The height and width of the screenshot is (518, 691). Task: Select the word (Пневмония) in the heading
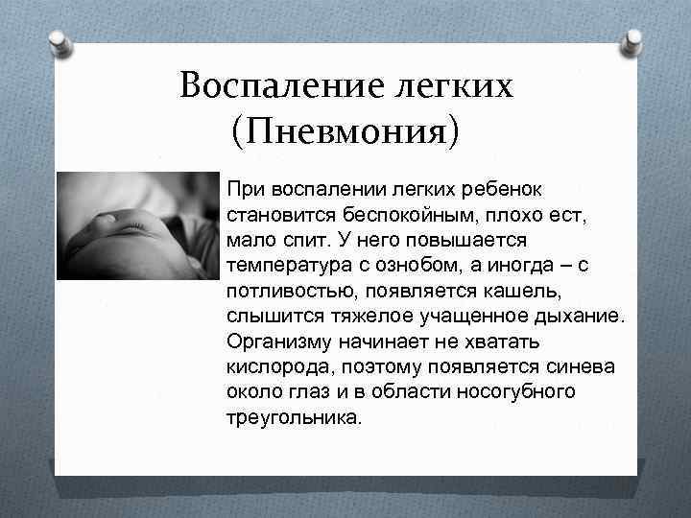345,130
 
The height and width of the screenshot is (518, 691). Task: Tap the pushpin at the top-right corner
632,40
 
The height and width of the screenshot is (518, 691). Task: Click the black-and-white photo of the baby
138,225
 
